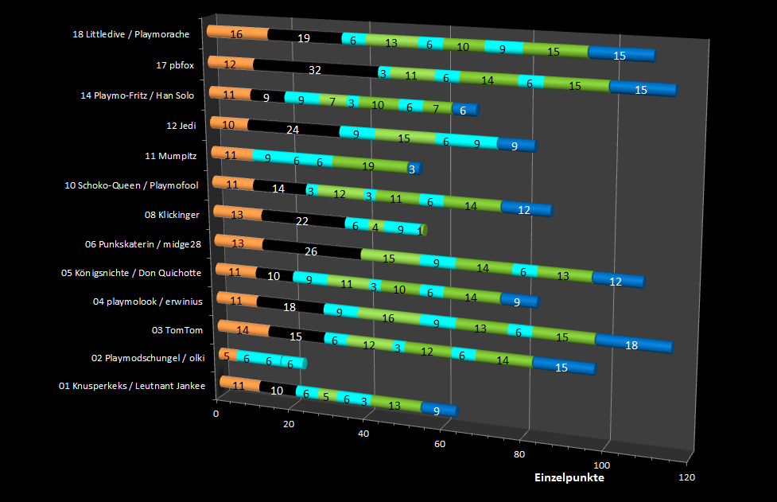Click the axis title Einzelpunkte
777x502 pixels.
pyautogui.click(x=569, y=477)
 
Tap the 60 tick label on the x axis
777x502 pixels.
pyautogui.click(x=439, y=443)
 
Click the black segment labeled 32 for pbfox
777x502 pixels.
pyautogui.click(x=315, y=70)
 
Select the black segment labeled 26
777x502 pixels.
pyautogui.click(x=311, y=251)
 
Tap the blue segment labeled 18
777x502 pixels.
pyautogui.click(x=632, y=344)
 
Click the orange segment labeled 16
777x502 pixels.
pyautogui.click(x=236, y=33)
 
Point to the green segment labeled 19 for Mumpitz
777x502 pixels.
pyautogui.click(x=367, y=165)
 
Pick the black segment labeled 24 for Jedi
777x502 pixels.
pyautogui.click(x=292, y=130)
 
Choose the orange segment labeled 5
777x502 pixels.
pyautogui.click(x=227, y=356)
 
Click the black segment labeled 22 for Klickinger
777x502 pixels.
pyautogui.click(x=302, y=221)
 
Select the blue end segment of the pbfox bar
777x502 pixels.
pyautogui.click(x=641, y=89)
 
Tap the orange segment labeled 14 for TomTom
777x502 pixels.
pyautogui.click(x=243, y=329)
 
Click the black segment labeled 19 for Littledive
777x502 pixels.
pyautogui.click(x=304, y=37)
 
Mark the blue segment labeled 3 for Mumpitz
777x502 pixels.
pyautogui.click(x=412, y=169)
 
